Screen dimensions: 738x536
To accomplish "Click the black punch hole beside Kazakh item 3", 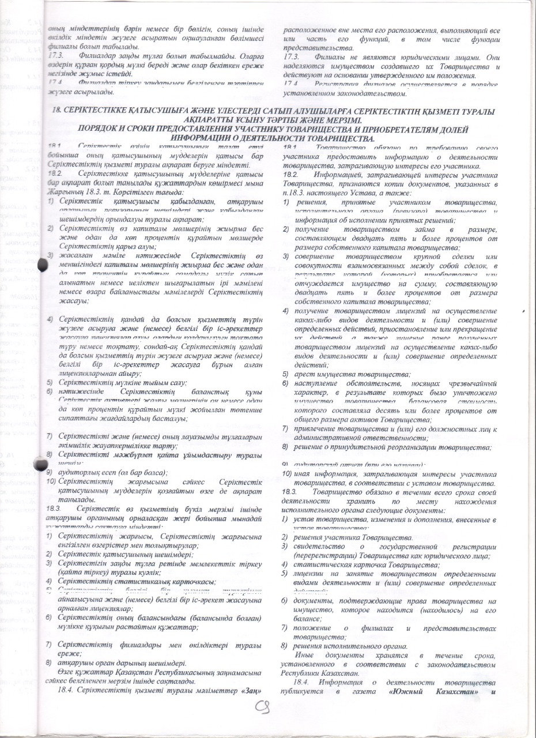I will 43,266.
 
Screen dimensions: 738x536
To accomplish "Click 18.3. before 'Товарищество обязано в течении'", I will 290,491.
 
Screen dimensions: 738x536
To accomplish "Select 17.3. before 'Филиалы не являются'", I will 291,58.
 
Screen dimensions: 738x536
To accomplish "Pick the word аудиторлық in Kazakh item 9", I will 79,471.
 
